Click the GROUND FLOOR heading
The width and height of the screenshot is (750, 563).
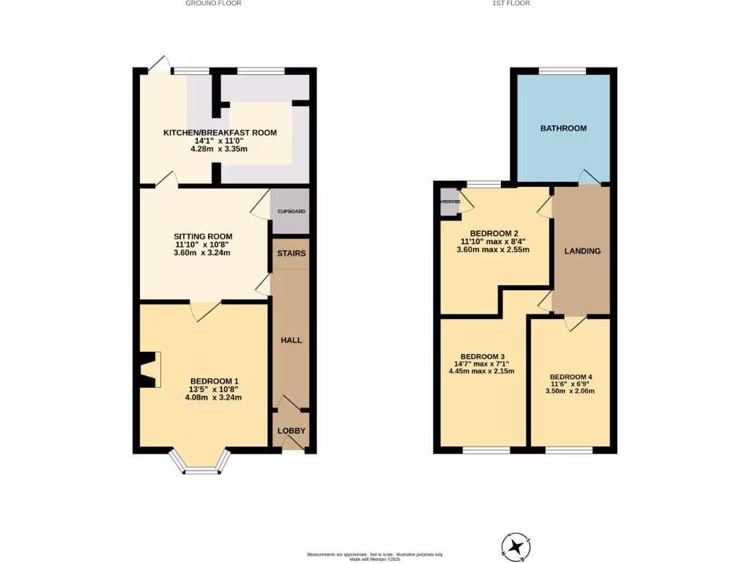(x=213, y=4)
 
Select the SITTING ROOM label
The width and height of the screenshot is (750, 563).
(x=201, y=237)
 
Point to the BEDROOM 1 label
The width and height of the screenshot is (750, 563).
(x=214, y=381)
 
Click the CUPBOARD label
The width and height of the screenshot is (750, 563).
(x=291, y=211)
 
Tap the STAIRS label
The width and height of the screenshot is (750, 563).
(x=291, y=254)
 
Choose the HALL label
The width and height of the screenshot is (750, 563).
(x=292, y=340)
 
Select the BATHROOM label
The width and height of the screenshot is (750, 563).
(x=563, y=128)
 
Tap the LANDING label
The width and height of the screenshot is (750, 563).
(x=582, y=251)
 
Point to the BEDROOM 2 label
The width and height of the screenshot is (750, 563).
(x=493, y=234)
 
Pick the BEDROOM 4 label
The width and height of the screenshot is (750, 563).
(x=570, y=377)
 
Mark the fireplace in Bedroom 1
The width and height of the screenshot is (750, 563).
(x=149, y=369)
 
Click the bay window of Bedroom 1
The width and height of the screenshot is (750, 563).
(x=200, y=464)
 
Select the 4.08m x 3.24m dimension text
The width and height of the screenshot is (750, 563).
(x=214, y=398)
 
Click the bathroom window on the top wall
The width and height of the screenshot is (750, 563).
(x=562, y=70)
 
